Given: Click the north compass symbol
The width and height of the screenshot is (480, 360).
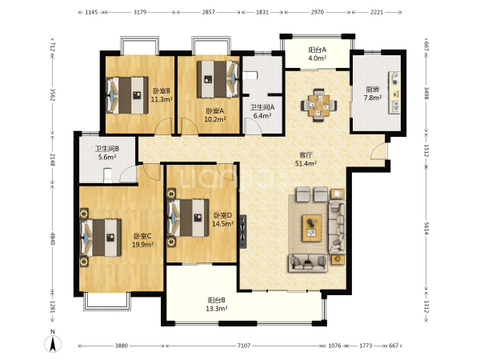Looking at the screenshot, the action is tap(53, 342).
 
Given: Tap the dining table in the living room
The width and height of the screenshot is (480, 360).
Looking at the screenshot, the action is tap(318, 106).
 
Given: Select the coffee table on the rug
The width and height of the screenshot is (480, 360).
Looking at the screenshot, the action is tap(312, 228).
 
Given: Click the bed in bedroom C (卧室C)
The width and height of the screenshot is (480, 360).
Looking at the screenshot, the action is tap(101, 238).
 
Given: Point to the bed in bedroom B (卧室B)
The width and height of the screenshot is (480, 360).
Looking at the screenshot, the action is tap(127, 95).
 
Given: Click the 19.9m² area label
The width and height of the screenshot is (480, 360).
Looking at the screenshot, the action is tap(142, 245).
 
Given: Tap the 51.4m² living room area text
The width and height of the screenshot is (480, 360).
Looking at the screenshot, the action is tap(306, 164).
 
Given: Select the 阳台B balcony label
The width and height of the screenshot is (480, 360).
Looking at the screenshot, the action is tap(217, 300).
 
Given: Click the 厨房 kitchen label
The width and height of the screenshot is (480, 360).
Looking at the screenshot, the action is tap(373, 90).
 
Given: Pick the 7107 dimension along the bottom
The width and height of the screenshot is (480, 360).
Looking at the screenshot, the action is tap(244, 346).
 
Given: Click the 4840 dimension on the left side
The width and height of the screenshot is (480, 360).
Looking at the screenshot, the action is tap(53, 238).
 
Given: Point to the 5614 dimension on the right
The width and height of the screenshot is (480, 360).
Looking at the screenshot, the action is tap(426, 228).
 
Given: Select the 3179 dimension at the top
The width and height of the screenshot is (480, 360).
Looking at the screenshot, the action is tap(140, 12).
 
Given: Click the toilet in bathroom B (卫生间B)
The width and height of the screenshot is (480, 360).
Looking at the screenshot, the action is tap(108, 175).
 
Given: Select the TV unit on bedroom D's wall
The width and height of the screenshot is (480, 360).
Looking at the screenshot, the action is tap(243, 231).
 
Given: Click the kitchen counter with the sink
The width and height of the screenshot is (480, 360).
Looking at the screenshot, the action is tap(394, 93).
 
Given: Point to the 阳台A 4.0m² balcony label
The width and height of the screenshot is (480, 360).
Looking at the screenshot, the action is tap(317, 54).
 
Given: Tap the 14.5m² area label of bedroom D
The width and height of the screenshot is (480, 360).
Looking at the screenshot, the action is tap(223, 224).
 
